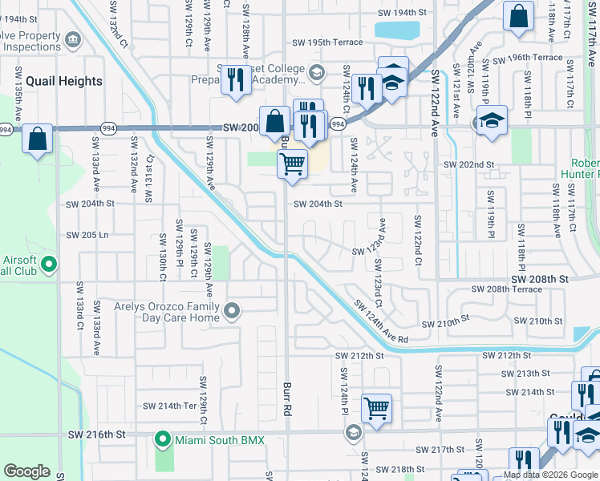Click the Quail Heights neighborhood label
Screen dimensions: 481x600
point(64,81)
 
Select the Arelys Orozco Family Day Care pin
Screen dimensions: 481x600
point(233,310)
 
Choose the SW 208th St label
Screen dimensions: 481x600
point(537,278)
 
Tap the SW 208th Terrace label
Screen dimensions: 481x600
point(506,289)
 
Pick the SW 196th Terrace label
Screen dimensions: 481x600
point(528,58)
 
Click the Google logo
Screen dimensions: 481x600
point(26,471)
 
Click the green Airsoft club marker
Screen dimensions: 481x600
point(49,263)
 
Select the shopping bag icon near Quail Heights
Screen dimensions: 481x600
point(38,138)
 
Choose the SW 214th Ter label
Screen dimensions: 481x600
point(168,406)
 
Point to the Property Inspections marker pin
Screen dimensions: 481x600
point(73,38)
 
